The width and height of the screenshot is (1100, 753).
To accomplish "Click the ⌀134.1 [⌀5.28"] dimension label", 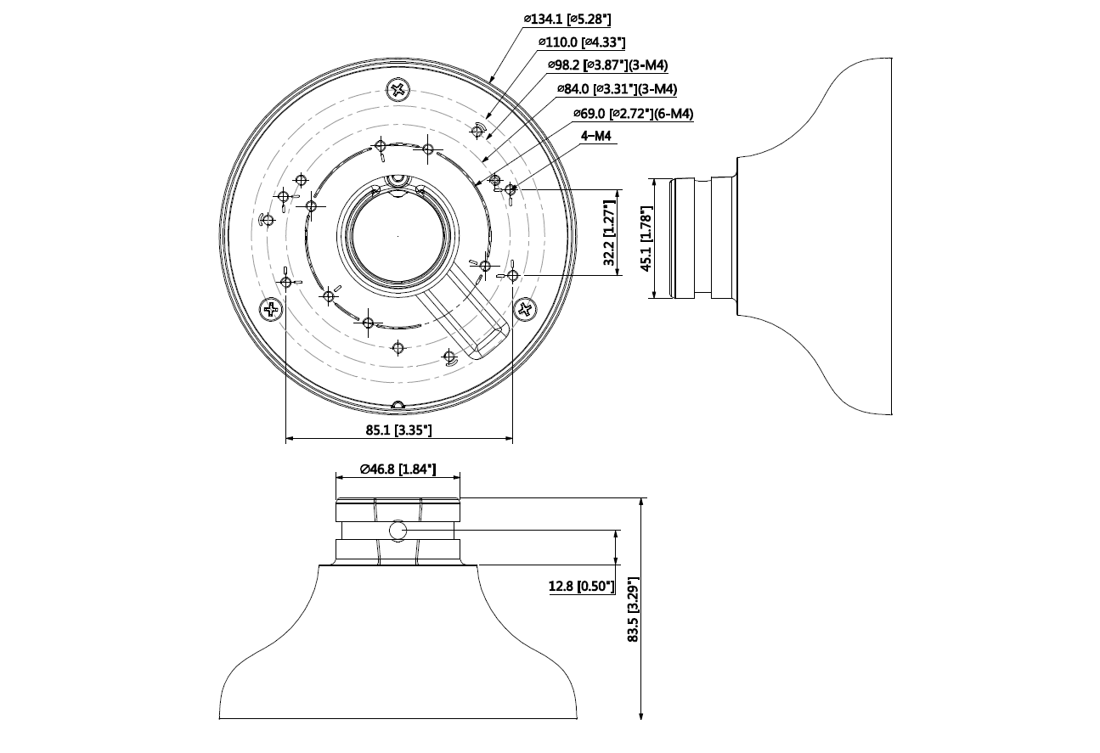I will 567,18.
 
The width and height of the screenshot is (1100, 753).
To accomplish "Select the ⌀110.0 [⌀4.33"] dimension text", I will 583,42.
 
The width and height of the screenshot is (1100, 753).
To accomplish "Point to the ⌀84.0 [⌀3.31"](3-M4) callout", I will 617,89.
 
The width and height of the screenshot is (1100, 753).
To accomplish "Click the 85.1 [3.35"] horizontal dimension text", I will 399,430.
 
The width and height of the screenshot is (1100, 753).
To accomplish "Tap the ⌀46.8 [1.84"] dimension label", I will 398,468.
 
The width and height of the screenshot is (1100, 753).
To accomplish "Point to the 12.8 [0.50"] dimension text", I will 582,587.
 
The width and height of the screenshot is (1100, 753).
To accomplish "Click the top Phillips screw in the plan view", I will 398,90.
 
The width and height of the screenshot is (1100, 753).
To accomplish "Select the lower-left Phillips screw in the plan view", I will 272,310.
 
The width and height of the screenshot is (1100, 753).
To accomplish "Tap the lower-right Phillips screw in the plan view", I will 526,310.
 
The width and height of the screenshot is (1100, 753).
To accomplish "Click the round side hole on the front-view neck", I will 398,532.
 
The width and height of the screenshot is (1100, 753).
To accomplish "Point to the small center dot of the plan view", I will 398,234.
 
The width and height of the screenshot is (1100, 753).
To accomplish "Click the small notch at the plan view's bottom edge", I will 398,404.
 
